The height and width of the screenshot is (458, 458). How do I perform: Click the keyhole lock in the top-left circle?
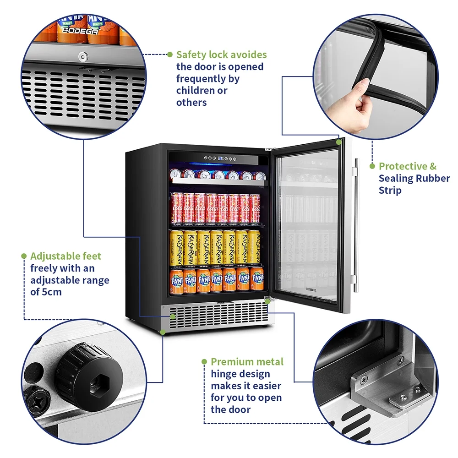tap(83, 56)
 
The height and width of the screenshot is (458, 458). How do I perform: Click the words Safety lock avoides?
tap(222, 55)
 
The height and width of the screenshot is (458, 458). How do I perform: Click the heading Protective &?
tap(408, 166)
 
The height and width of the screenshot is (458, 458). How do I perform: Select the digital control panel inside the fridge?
tap(219, 159)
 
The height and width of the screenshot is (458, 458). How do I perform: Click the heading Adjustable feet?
tap(65, 256)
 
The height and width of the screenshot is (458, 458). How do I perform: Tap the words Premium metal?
tap(247, 362)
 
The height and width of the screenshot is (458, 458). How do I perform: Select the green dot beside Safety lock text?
tap(170, 54)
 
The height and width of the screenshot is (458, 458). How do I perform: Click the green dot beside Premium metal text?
tap(204, 362)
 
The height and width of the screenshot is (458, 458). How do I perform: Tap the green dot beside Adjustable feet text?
tap(24, 256)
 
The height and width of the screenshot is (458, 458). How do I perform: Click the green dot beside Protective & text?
tap(372, 166)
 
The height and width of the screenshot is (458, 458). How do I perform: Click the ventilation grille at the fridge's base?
tap(215, 316)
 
